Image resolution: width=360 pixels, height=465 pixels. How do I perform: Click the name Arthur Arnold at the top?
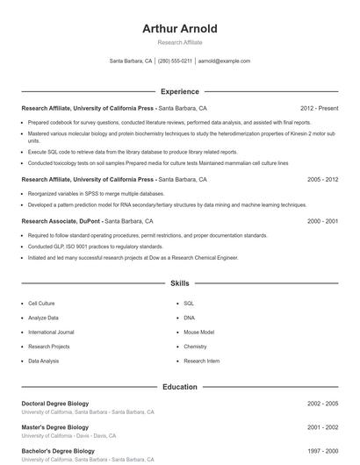click(x=179, y=29)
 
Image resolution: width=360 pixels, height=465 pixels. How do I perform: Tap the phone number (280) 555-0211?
click(x=175, y=61)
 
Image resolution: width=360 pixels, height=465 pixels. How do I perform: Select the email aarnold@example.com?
click(x=224, y=61)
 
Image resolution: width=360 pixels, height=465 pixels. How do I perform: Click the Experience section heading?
click(x=179, y=91)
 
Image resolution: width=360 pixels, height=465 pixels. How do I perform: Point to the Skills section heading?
click(x=179, y=284)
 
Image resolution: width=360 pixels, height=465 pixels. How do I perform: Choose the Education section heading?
click(x=179, y=387)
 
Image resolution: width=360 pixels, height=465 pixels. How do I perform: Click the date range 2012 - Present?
click(x=319, y=108)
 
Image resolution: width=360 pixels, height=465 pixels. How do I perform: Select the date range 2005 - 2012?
click(x=322, y=179)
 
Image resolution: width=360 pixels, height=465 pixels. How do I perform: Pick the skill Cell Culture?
click(x=42, y=303)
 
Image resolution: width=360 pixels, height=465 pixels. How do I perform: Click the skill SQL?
click(x=189, y=303)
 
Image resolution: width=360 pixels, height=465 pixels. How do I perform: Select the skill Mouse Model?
click(x=198, y=333)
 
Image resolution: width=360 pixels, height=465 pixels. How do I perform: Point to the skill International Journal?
click(x=51, y=333)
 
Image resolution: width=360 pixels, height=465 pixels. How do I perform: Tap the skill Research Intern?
click(x=201, y=361)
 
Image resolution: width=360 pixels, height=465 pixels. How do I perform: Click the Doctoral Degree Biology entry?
click(x=55, y=404)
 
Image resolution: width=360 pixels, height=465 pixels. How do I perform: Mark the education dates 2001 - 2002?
click(x=322, y=427)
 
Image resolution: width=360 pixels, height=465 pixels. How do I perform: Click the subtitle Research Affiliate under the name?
click(x=179, y=42)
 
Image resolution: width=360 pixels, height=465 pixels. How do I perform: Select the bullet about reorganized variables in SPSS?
click(x=96, y=193)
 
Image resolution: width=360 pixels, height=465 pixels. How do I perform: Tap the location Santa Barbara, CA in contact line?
click(x=131, y=61)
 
